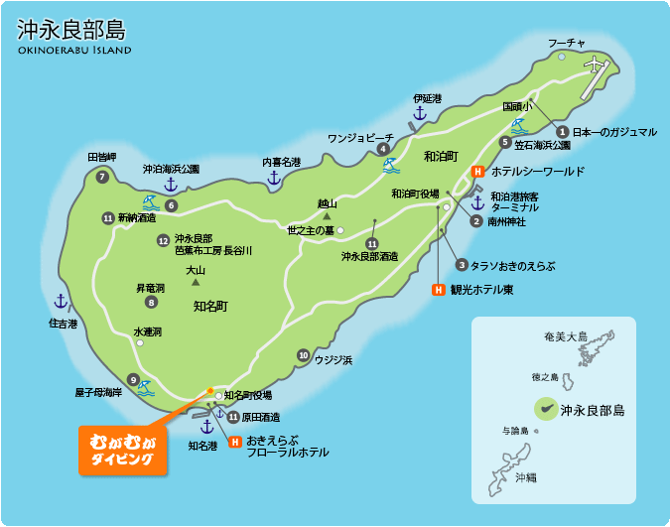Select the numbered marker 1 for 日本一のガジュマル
[x=562, y=131]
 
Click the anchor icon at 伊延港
[x=419, y=114]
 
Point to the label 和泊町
[x=440, y=157]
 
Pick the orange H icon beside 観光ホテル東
[x=438, y=290]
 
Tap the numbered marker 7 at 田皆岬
[x=101, y=177]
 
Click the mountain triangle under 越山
[x=326, y=215]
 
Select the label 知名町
[x=210, y=306]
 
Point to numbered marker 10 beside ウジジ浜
[x=303, y=355]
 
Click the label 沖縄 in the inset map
[x=525, y=478]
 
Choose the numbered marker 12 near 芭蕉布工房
[x=163, y=240]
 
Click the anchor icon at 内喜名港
[x=274, y=178]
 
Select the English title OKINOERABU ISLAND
[x=74, y=50]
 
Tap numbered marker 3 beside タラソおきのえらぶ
[x=462, y=265]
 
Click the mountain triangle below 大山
[x=196, y=283]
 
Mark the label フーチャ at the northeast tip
[x=567, y=43]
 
